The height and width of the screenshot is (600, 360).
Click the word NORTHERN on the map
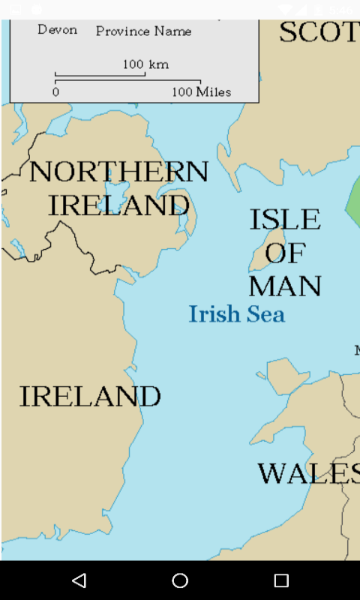click(x=118, y=172)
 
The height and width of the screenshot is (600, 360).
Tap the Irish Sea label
click(x=236, y=313)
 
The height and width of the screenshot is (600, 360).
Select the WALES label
click(x=307, y=473)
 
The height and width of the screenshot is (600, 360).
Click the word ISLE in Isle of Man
click(x=285, y=220)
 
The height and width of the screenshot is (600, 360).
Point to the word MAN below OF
click(x=285, y=286)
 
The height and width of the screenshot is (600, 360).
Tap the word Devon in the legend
click(x=57, y=30)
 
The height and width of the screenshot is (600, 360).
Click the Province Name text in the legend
click(x=143, y=31)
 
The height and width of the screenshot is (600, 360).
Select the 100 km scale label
click(x=145, y=64)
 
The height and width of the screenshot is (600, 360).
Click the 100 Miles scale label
click(x=201, y=92)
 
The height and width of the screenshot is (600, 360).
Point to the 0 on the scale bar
click(x=55, y=92)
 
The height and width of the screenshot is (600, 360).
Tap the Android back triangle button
click(x=79, y=580)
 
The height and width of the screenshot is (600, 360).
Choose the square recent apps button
click(x=281, y=580)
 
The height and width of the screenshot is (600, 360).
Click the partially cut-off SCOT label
click(x=319, y=32)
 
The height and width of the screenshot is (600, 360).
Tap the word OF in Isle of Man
click(x=285, y=253)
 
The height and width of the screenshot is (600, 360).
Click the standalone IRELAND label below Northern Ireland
click(x=90, y=396)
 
